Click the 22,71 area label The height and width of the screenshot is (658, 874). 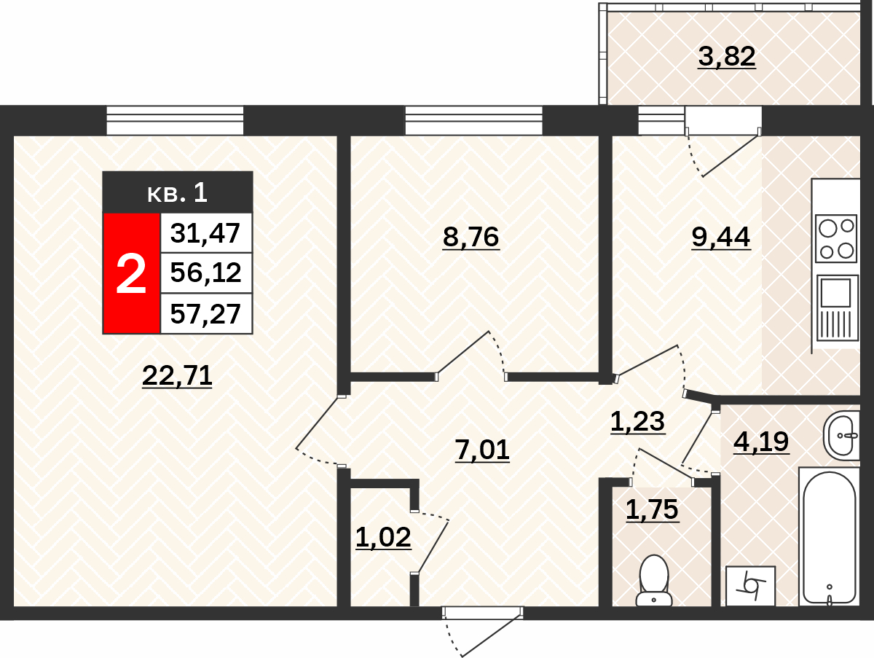(177, 375)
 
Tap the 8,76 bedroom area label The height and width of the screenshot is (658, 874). (471, 237)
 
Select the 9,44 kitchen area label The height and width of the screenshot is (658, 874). (721, 237)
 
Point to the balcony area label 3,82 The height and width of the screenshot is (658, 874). (727, 56)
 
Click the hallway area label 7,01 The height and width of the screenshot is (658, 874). (482, 450)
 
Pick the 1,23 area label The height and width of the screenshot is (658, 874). (637, 421)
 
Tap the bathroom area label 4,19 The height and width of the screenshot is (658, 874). (761, 442)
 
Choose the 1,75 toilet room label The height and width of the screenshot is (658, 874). (652, 509)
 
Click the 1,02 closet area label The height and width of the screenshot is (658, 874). (383, 537)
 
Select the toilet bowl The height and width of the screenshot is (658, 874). (654, 581)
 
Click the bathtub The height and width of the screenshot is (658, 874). (830, 538)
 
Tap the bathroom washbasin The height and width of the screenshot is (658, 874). (841, 435)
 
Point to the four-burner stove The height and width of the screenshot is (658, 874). (836, 238)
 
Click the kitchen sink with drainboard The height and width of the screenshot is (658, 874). (837, 308)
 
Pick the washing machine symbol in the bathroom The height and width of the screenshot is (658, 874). (751, 587)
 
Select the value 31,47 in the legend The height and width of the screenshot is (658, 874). (205, 233)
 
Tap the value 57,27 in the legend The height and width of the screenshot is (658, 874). (205, 314)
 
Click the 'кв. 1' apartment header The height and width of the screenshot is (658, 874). (178, 192)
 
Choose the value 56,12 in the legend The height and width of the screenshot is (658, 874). (206, 273)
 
